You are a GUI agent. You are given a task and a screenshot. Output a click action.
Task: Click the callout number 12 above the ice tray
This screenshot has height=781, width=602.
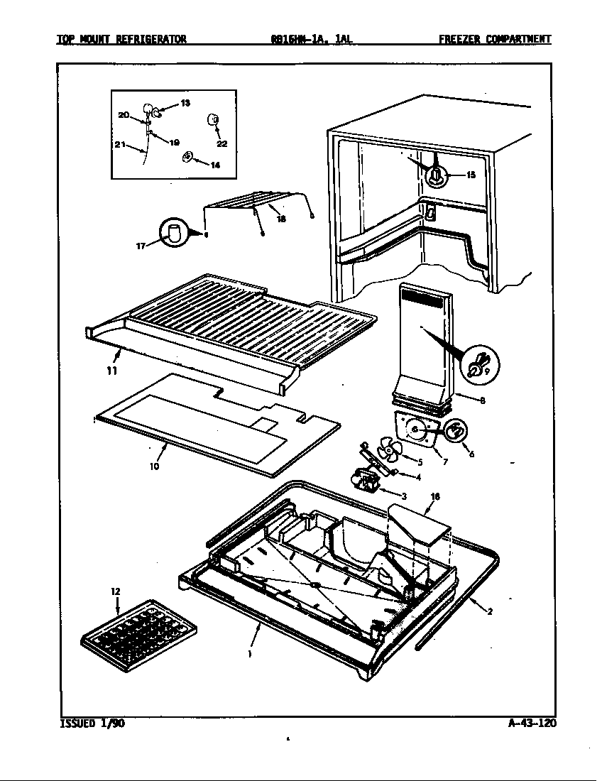[x=115, y=591]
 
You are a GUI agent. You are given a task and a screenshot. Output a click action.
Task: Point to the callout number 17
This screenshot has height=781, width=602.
[x=141, y=246]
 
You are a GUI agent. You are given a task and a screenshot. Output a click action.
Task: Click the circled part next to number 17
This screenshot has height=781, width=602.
[x=173, y=233]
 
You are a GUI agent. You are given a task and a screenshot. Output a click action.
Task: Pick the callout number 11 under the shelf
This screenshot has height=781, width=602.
[x=112, y=370]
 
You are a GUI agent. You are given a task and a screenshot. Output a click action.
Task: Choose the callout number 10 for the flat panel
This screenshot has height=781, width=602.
[x=154, y=466]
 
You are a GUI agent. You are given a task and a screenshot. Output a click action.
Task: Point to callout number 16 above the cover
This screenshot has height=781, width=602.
[x=434, y=497]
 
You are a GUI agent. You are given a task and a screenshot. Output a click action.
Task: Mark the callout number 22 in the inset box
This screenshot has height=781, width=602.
[x=221, y=143]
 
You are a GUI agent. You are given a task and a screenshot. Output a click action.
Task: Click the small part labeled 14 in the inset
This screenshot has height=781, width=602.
[x=188, y=157]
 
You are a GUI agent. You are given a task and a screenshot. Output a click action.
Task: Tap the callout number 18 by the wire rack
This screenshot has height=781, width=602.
[x=281, y=219]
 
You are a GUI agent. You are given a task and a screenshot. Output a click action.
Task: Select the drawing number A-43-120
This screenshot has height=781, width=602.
[x=532, y=723]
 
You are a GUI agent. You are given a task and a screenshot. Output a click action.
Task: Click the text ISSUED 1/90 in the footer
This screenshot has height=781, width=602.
[x=84, y=723]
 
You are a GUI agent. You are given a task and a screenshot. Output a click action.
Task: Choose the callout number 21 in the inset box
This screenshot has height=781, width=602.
[x=120, y=145]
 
